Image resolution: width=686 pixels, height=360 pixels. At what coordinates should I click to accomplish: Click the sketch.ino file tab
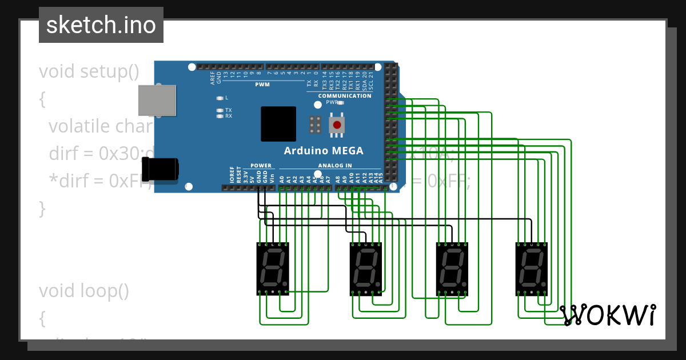pos(101,25)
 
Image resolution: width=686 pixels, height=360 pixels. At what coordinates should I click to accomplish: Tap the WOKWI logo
pos(608,315)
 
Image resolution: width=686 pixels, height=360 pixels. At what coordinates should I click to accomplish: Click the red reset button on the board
pos(337,125)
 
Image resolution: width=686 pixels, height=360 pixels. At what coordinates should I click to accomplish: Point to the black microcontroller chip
pos(278,124)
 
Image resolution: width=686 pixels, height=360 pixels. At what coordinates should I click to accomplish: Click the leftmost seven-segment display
pos(273,269)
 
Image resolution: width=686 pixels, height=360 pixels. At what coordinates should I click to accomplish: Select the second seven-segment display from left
pos(366,269)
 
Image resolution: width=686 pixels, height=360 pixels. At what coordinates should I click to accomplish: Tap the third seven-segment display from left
pos(452,269)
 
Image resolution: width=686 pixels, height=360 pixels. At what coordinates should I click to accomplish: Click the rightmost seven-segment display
pos(532,269)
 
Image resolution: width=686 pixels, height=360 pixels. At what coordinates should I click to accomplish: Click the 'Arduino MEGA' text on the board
pos(324,151)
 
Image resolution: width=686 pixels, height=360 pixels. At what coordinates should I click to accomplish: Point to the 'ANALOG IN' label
pos(335,166)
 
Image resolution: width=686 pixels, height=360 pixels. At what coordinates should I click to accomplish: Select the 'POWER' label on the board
pos(261,166)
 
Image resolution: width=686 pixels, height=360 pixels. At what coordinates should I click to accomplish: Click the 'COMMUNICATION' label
pos(345,96)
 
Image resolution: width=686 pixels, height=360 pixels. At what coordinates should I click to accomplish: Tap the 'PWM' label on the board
pos(262,85)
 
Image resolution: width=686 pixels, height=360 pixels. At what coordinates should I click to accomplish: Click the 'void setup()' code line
pos(89,71)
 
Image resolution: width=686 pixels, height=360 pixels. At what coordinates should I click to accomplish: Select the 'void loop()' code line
pos(84,291)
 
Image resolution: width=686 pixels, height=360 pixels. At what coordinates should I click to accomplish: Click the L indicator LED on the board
pos(220,98)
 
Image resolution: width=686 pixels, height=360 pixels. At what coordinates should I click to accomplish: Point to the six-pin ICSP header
pos(314,125)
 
